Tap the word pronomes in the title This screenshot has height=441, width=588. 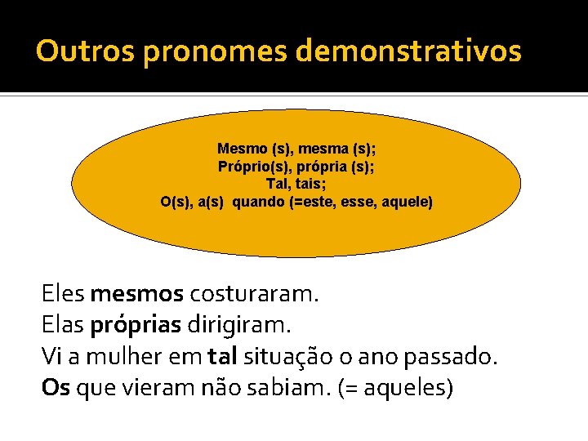215,51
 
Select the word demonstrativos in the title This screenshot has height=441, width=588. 408,51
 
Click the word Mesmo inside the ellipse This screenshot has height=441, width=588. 242,149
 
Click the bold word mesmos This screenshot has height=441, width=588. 137,293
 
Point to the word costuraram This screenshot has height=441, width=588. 254,293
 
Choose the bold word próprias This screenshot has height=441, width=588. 136,325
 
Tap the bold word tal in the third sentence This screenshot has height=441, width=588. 221,356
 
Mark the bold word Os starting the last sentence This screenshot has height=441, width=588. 56,387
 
